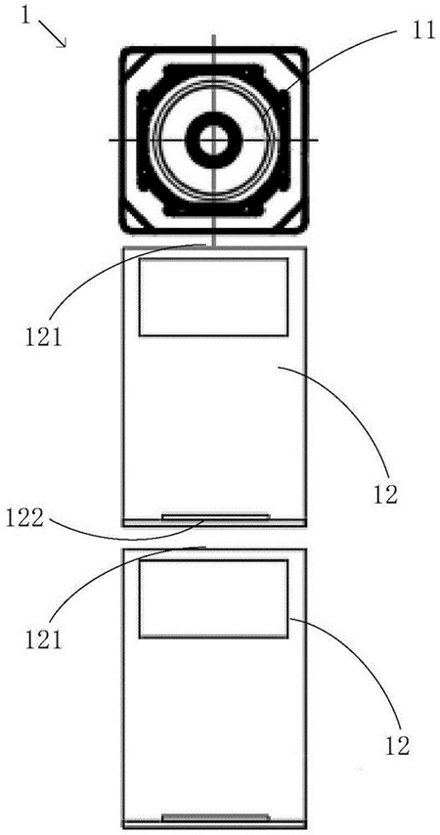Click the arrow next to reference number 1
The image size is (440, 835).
point(54,35)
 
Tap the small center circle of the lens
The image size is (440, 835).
point(213,140)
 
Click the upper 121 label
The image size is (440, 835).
point(43,335)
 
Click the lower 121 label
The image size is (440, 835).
point(43,637)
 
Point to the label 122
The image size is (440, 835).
point(25,518)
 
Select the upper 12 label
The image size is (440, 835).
point(385,495)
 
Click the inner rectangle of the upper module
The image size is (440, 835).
point(213,296)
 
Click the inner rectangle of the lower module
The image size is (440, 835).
point(213,598)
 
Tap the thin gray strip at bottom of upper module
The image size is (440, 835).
point(216,516)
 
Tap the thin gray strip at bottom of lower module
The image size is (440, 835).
point(216,816)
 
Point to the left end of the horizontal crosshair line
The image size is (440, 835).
point(110,140)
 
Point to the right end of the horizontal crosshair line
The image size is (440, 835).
point(318,140)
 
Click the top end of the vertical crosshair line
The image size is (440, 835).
point(213,35)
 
